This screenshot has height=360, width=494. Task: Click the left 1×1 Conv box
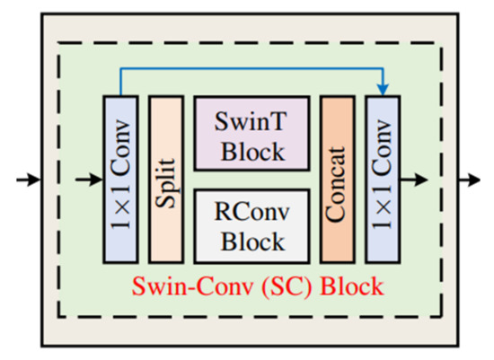pyautogui.click(x=119, y=180)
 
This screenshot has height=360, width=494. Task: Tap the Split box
pyautogui.click(x=165, y=180)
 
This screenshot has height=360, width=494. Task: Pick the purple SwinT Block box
pyautogui.click(x=251, y=134)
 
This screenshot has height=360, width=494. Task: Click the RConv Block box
pyautogui.click(x=251, y=225)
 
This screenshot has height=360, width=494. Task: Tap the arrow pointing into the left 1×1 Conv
pyautogui.click(x=90, y=180)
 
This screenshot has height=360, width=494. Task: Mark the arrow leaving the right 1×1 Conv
pyautogui.click(x=414, y=180)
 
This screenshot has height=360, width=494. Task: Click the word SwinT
pyautogui.click(x=251, y=119)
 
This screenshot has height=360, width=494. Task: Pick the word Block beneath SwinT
pyautogui.click(x=251, y=149)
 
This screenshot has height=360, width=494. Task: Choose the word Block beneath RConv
pyautogui.click(x=251, y=241)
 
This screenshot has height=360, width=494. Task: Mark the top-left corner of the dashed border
pyautogui.click(x=60, y=43)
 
